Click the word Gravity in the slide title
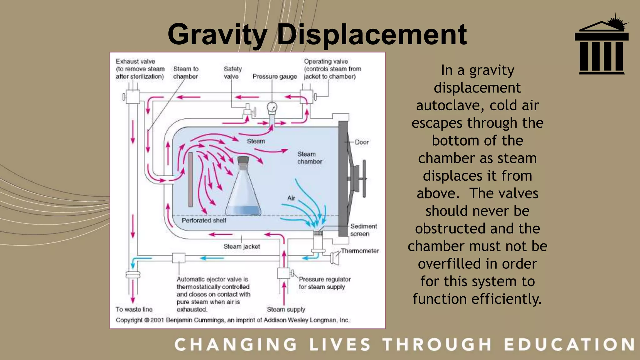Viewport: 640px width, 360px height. [x=217, y=35]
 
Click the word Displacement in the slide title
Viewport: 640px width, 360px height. [x=372, y=35]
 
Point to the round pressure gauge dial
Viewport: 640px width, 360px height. [x=272, y=107]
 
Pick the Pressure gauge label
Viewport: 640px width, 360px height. [x=275, y=77]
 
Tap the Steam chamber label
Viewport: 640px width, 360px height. [x=309, y=158]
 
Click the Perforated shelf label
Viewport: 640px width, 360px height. [x=204, y=220]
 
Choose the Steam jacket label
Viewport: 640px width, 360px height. [x=242, y=247]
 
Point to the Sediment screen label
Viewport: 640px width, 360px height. [x=363, y=230]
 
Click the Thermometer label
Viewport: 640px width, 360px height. [x=360, y=251]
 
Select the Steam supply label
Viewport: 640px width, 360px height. [x=286, y=309]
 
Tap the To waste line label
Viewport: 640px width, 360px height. [x=134, y=309]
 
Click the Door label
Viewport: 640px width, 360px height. [x=362, y=142]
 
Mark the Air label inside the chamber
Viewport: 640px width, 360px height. [x=291, y=198]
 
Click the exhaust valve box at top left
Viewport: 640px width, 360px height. [x=132, y=97]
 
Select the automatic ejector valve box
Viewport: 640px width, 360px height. [x=179, y=258]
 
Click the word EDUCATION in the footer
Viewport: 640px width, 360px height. [x=569, y=345]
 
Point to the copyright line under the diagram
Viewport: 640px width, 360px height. [x=232, y=320]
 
